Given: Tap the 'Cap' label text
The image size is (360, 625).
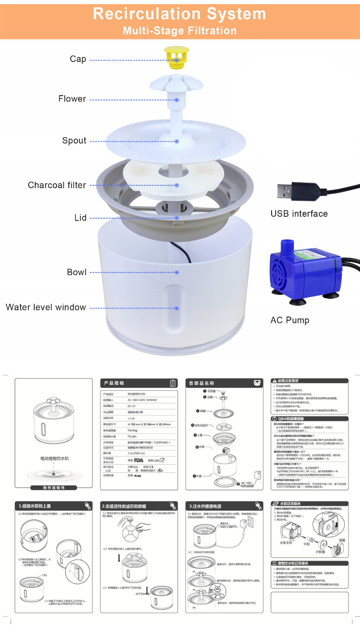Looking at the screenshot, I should pos(78,59).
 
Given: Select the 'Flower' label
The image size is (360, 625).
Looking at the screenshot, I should pos(72,99).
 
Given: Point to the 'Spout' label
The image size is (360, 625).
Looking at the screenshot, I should pos(74,141).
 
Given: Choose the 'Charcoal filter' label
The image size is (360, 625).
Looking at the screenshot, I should pos(57,185).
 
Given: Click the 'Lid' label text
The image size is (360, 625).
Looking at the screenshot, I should pos(81,218).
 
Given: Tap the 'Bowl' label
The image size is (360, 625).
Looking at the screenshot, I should pos(77,272).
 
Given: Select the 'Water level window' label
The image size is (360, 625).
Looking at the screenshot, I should pos(46,307).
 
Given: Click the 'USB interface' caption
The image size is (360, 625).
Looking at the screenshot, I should pos(299,214).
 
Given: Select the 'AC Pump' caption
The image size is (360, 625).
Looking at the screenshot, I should pos(289,321).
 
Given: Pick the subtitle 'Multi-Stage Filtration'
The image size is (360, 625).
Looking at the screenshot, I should pos(180,31).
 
